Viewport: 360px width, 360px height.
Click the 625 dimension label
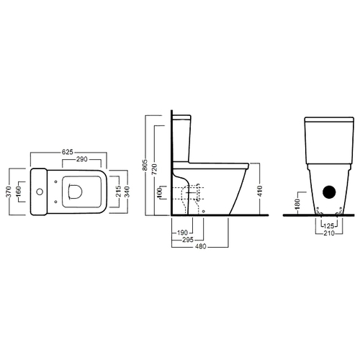[x=68, y=152]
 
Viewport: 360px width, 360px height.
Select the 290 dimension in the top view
[x=82, y=159]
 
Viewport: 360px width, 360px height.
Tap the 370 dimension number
[x=9, y=192]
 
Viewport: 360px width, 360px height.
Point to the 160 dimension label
[x=19, y=192]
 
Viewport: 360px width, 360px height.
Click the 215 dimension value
[x=119, y=192]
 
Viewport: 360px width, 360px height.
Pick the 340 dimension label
[x=127, y=192]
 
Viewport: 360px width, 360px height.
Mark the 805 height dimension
[x=145, y=165]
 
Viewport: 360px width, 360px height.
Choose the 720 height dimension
[x=155, y=169]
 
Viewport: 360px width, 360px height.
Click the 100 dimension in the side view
[x=160, y=193]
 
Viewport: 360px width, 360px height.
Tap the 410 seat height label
[x=260, y=191]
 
